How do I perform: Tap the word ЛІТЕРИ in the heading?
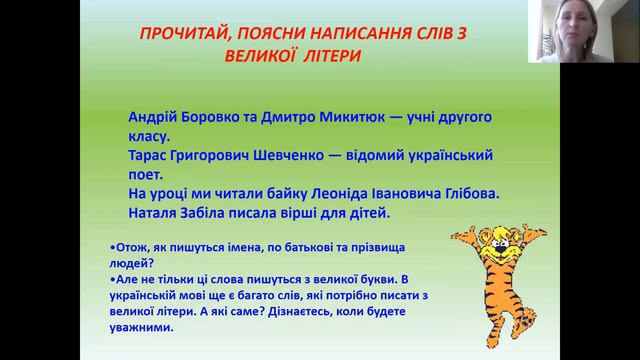click(x=324, y=56)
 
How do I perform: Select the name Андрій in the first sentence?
click(x=155, y=116)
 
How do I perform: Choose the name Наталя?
click(x=157, y=213)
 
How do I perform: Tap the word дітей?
click(x=371, y=213)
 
